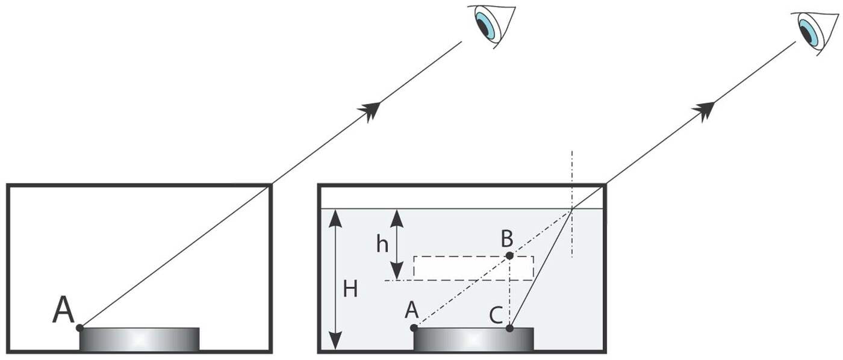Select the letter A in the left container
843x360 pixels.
point(63,310)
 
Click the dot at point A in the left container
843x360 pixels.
point(79,327)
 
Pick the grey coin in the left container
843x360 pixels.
point(140,339)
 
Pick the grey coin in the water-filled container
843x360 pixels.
point(473,339)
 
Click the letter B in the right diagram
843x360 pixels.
point(507,239)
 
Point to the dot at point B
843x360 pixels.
point(509,256)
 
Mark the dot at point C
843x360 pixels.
point(509,328)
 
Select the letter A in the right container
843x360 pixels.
point(412,309)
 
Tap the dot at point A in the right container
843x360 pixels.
point(414,327)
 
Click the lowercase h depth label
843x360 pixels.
point(382,244)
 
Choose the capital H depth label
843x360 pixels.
point(350,290)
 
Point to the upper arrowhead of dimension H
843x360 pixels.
point(335,217)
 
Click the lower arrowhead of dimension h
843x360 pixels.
point(396,272)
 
